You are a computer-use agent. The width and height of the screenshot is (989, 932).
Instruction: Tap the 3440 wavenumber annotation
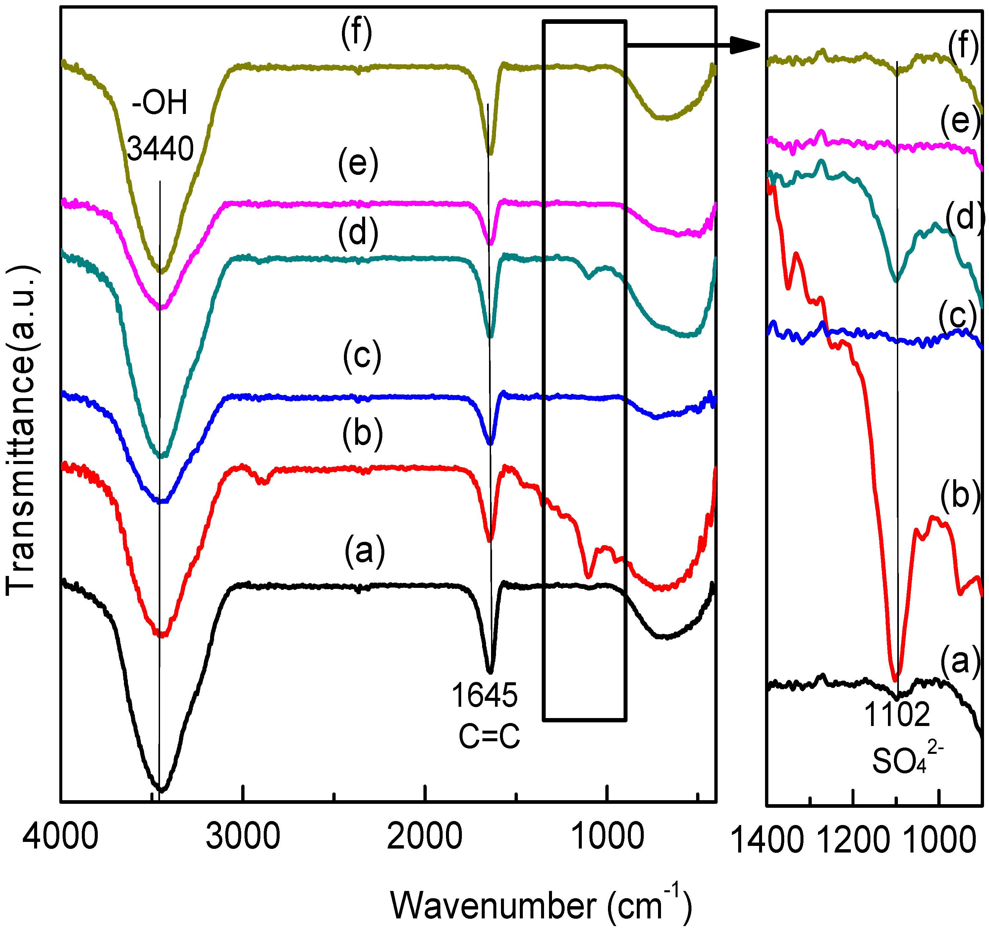(x=160, y=149)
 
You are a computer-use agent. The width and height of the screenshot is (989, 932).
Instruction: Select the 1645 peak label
(x=484, y=695)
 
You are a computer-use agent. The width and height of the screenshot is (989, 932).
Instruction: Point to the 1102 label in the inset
(x=897, y=715)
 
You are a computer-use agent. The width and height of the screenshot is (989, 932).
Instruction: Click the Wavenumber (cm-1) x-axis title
(x=541, y=905)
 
